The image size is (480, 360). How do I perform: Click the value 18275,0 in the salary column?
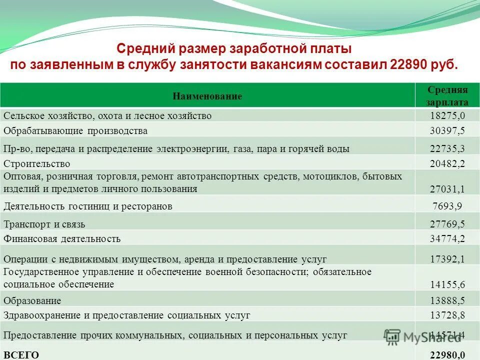coord(447,116)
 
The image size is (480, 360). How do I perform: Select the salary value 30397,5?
coord(447,131)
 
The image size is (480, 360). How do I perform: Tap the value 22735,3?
coord(447,148)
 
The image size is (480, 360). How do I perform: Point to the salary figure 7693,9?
coord(447,206)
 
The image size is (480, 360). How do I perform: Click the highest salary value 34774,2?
coord(447,238)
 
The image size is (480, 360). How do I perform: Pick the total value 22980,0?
coord(447,354)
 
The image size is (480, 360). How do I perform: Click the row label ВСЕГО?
coord(21,354)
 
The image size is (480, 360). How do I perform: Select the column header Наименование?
coord(207,96)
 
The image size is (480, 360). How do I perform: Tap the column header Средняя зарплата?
coord(447,96)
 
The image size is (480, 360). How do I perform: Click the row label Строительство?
coord(37,163)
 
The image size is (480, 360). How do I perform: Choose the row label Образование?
coord(32,300)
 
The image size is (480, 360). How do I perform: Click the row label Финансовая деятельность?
coord(62,238)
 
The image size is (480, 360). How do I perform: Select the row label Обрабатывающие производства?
coord(75,131)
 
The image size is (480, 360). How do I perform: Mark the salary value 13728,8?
coord(447,315)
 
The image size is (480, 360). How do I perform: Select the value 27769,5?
coord(447,224)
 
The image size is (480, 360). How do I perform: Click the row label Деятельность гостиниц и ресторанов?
coord(88,206)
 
